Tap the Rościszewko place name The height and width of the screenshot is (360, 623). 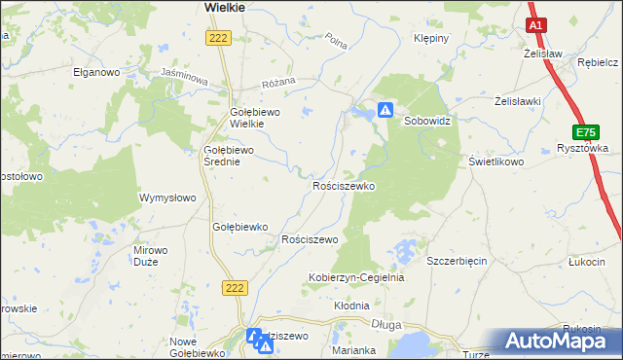(x=344, y=185)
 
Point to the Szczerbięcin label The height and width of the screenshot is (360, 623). (x=458, y=261)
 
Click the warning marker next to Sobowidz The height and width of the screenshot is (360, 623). (x=385, y=111)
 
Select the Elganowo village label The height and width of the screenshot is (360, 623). (x=95, y=72)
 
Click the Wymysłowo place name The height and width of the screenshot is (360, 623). (x=168, y=198)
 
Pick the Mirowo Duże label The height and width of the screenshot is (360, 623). (x=151, y=256)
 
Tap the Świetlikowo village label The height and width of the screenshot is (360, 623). (x=496, y=162)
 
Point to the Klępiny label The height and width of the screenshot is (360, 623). (x=430, y=39)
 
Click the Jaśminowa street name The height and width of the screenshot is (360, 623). (x=185, y=79)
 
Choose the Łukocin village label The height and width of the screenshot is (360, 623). (x=588, y=261)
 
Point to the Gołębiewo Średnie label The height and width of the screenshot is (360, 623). (x=228, y=156)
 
